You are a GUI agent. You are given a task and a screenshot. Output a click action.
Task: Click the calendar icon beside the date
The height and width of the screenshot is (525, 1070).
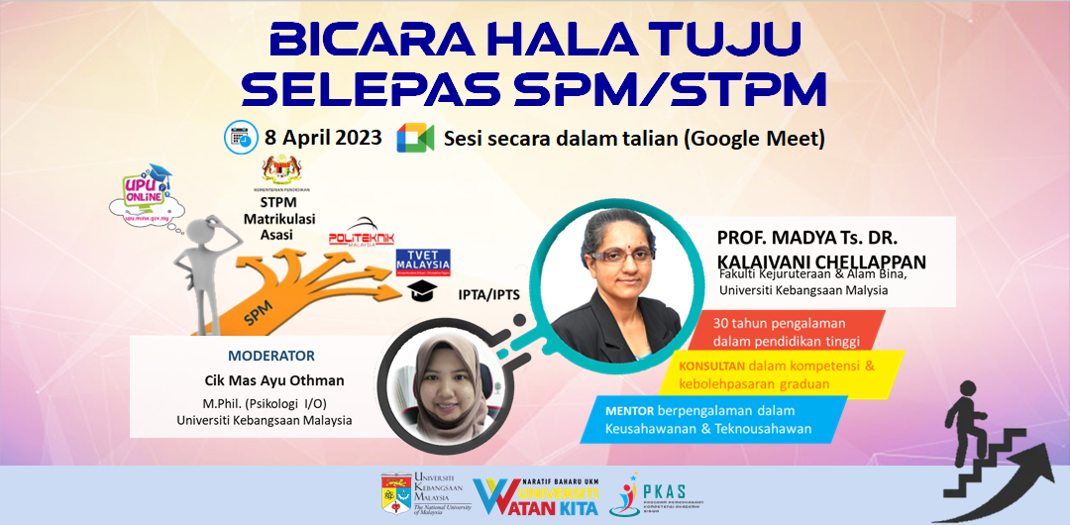click(239, 137)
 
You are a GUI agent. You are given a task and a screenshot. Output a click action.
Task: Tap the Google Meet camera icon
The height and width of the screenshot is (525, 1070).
click(415, 138)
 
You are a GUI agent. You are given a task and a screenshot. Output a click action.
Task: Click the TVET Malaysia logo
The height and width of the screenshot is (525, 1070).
click(423, 262)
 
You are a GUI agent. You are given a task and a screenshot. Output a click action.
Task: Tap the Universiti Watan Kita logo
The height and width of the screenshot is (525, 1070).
click(535, 495)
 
